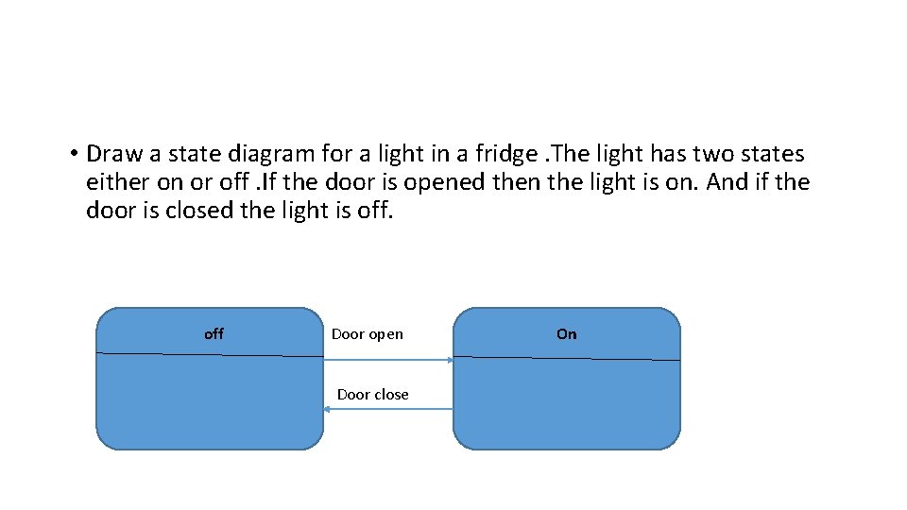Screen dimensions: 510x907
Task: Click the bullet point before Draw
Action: click(x=72, y=154)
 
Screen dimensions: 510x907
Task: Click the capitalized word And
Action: click(x=727, y=182)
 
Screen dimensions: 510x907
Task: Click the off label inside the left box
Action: click(x=214, y=333)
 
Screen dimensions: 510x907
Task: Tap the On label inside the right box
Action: click(x=566, y=333)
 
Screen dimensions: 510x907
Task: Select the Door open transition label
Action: click(x=367, y=333)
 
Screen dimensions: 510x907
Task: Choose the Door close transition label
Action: click(x=372, y=395)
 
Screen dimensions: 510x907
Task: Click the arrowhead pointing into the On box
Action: click(x=450, y=360)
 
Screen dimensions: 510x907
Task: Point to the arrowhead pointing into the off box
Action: click(x=327, y=409)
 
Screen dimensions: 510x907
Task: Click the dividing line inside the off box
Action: click(x=210, y=355)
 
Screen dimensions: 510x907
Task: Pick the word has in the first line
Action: click(x=667, y=154)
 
